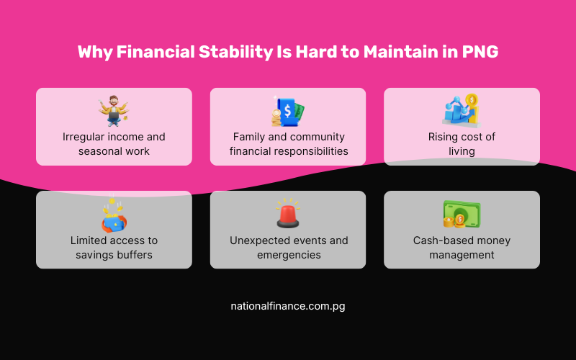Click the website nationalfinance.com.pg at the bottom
287,306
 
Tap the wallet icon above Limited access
114,215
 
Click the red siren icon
287,215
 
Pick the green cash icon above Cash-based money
462,215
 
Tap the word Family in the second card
249,137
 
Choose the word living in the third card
462,151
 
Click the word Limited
90,240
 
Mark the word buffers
133,255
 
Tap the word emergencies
289,255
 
